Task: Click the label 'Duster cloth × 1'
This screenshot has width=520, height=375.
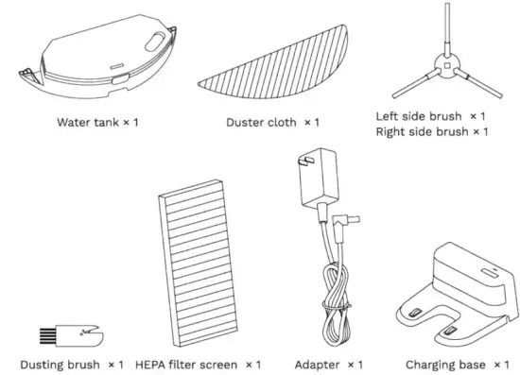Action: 272,123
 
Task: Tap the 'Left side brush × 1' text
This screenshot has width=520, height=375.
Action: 430,115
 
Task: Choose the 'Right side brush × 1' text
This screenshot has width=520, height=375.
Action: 430,131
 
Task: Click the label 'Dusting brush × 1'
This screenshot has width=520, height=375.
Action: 72,364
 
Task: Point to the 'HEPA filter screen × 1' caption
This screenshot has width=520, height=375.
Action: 198,364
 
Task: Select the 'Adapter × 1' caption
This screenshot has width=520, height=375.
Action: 328,364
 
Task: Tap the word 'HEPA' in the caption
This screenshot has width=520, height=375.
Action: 153,364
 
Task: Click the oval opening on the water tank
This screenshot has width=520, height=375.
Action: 150,39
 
